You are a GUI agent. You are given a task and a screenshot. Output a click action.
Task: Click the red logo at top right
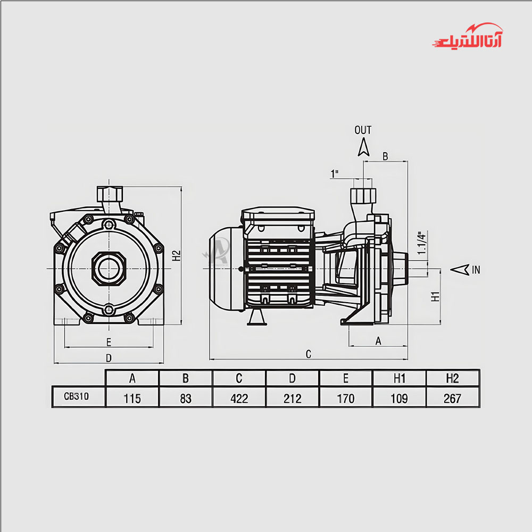coord(468,36)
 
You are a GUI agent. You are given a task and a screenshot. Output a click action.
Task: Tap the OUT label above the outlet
coord(363,130)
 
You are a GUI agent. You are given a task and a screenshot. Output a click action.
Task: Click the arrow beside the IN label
coord(460,270)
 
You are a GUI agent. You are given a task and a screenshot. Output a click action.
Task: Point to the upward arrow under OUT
coord(364,147)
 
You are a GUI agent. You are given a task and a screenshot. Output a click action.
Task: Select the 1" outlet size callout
coord(335,174)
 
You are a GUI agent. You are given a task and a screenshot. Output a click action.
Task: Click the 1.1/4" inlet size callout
coord(421,243)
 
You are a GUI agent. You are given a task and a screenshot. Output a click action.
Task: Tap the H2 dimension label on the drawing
coord(177,255)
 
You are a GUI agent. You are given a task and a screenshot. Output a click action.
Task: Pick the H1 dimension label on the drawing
coord(435,296)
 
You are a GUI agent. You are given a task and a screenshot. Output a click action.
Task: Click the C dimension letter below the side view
coord(309,354)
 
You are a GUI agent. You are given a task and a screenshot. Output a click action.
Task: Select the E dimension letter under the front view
coord(109,342)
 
